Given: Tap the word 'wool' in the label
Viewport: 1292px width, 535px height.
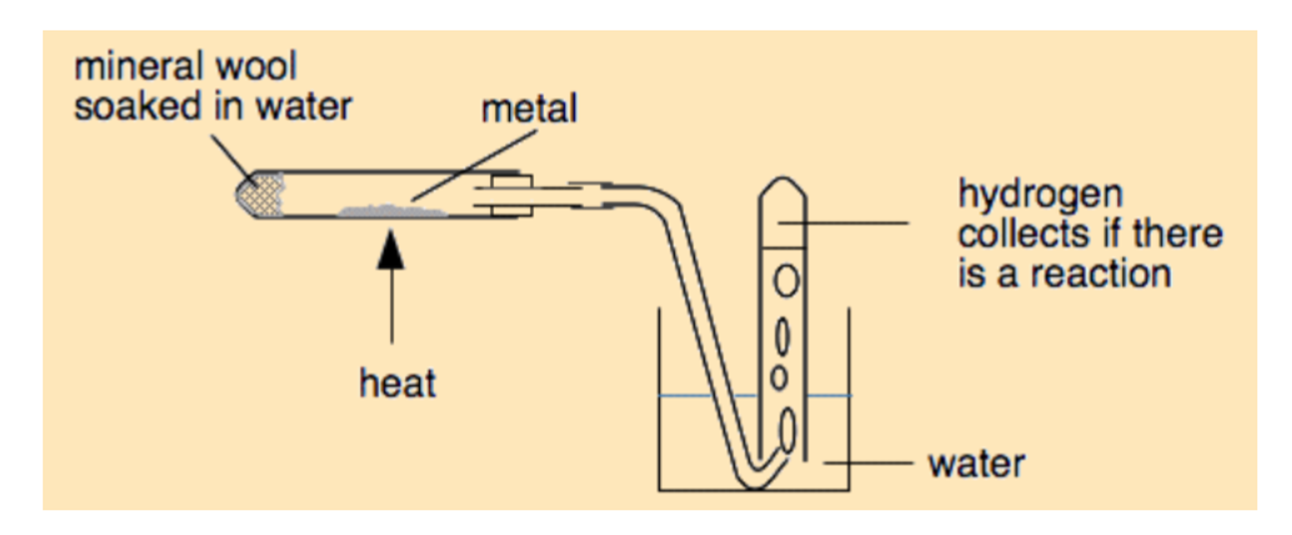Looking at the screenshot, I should tap(256, 67).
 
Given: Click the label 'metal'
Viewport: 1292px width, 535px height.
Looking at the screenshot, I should tap(529, 109).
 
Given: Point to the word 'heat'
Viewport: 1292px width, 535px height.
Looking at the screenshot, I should tap(397, 383).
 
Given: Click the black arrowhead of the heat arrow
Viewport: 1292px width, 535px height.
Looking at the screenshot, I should tap(391, 251).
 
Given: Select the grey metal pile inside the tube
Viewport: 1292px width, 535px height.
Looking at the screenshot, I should tap(391, 211).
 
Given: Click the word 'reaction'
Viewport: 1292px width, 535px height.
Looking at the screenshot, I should tap(1101, 274).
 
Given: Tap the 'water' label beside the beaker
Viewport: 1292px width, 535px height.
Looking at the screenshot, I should tap(976, 464).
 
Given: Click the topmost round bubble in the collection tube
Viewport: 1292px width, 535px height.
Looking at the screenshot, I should tap(786, 281).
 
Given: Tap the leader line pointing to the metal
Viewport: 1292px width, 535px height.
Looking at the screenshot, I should tap(475, 165).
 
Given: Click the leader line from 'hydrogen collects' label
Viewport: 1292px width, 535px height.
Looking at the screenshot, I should tap(843, 223).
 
